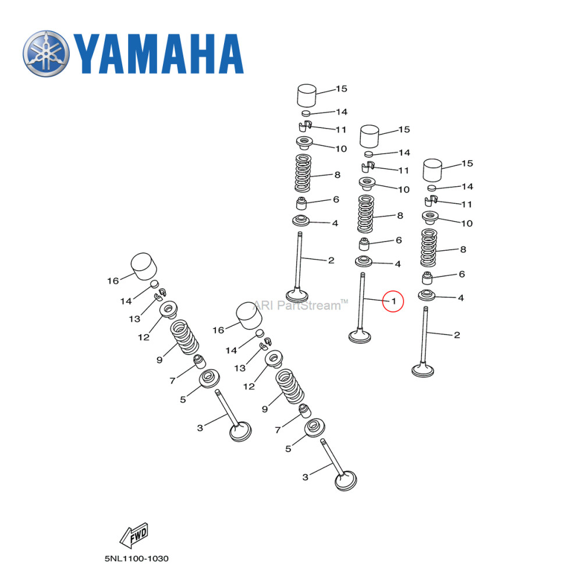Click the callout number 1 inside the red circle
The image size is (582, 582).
(393, 301)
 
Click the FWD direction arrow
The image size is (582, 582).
(133, 535)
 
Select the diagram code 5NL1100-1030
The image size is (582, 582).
(137, 559)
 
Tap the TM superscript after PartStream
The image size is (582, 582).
(344, 301)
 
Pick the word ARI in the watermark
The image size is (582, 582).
(261, 305)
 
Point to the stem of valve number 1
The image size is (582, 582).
(363, 303)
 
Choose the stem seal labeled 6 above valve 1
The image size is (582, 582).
(364, 242)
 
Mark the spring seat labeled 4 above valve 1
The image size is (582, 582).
(364, 261)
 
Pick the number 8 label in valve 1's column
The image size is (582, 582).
(400, 215)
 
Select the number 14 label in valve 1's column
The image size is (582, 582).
(404, 152)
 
